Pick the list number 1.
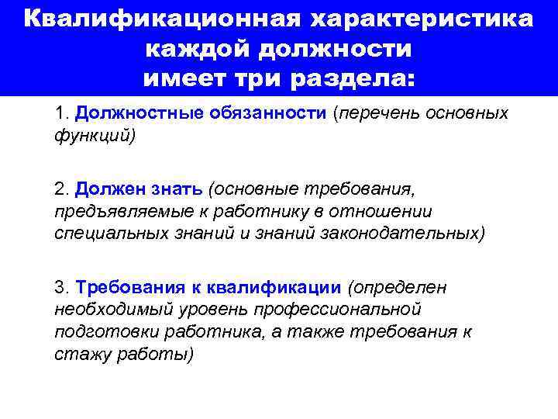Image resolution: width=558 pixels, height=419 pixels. click(x=62, y=113)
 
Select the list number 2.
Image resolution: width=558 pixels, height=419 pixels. click(x=62, y=189)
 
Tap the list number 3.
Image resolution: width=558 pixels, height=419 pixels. click(x=62, y=288)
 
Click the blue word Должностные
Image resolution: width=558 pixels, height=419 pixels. click(x=136, y=113)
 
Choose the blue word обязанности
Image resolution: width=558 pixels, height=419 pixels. click(x=266, y=113)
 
